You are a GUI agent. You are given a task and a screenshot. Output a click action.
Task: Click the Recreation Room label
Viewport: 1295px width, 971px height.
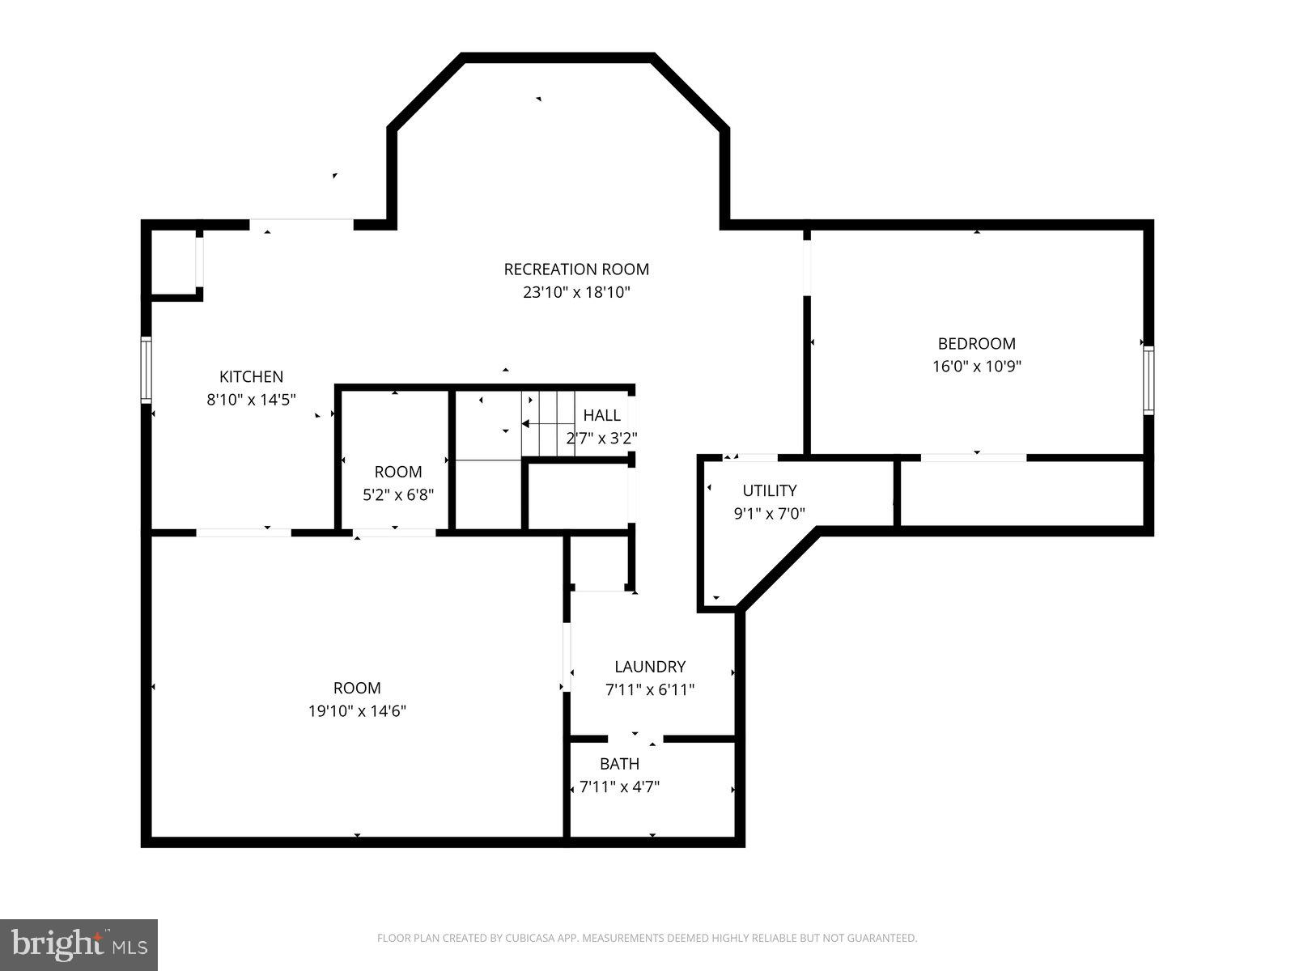click(x=576, y=269)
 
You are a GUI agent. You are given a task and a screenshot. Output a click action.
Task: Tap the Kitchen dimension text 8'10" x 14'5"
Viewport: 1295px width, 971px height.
click(x=252, y=399)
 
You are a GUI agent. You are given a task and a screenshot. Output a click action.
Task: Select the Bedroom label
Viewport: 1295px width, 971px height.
click(x=976, y=343)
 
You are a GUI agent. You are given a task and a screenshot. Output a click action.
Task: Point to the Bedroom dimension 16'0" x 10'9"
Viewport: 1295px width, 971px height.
click(x=976, y=366)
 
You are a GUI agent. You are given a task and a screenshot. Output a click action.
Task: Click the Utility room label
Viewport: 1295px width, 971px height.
click(x=770, y=490)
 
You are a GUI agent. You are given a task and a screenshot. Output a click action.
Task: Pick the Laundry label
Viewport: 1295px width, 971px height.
click(x=650, y=667)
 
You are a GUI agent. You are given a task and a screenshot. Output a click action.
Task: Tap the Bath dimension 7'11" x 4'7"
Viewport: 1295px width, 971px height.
click(x=620, y=787)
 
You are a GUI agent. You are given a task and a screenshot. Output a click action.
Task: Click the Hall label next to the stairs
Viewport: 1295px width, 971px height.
click(x=602, y=415)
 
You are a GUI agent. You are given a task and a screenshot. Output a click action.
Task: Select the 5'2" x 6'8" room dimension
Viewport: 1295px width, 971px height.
click(x=398, y=494)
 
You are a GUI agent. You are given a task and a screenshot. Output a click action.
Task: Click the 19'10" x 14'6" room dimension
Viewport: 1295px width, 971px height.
click(x=357, y=711)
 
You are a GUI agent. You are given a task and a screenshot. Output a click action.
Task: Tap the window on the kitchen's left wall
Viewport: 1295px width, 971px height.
click(x=146, y=371)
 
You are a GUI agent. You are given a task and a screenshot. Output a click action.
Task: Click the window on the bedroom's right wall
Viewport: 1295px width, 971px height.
click(x=1149, y=380)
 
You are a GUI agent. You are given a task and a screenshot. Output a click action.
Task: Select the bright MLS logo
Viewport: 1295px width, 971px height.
click(x=79, y=944)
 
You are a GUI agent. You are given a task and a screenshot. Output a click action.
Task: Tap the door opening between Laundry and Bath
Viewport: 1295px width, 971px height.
click(x=635, y=739)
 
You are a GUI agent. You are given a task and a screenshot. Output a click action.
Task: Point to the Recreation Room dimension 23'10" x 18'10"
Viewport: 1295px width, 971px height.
click(x=576, y=292)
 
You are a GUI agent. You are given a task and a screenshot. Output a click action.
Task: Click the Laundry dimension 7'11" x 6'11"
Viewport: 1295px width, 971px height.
click(x=650, y=690)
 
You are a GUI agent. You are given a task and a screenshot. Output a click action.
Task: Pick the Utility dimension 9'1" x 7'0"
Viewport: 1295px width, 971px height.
click(x=770, y=513)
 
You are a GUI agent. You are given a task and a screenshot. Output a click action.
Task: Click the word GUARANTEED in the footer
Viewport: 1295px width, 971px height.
click(x=882, y=939)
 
